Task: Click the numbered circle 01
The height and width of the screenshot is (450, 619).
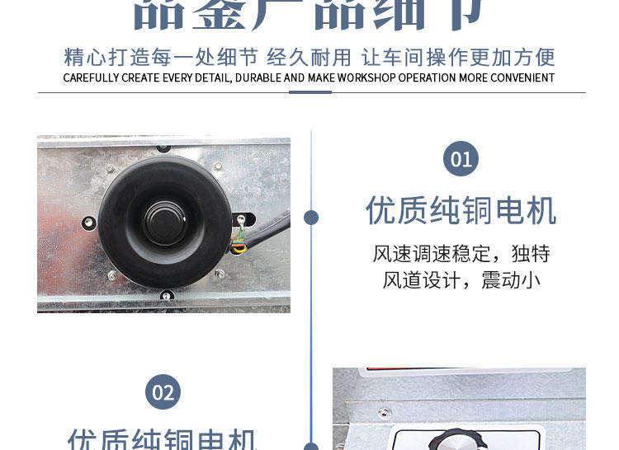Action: click(461, 158)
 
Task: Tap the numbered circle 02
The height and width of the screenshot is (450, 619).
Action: click(163, 392)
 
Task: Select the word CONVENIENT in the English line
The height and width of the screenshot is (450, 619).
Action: click(522, 78)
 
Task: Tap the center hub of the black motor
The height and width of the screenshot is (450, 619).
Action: click(164, 220)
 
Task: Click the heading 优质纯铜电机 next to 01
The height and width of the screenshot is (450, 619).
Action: click(461, 211)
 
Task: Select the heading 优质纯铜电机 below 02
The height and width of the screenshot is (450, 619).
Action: click(163, 439)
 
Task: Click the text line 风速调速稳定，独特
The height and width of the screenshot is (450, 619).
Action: click(461, 253)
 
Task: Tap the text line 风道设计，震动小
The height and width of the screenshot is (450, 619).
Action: click(461, 280)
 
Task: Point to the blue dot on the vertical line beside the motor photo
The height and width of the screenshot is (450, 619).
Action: click(311, 218)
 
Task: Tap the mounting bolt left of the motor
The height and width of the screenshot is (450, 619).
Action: click(88, 223)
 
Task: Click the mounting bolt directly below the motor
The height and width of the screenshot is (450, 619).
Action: click(166, 295)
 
